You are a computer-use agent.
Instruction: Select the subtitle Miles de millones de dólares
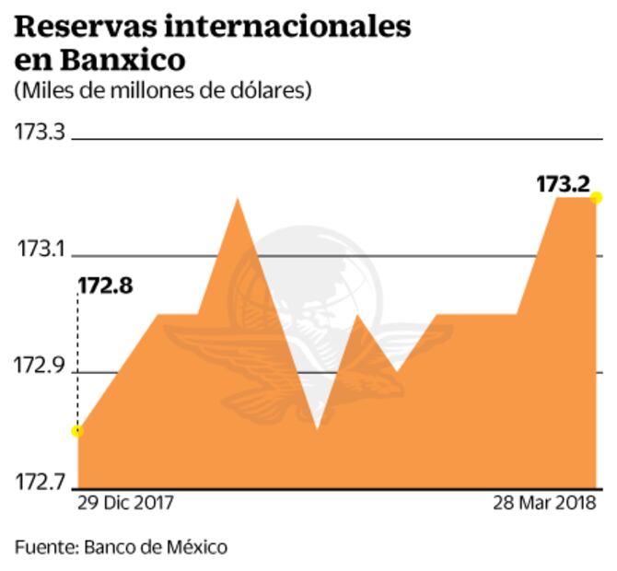[163, 91]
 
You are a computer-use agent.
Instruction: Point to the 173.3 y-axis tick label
[40, 132]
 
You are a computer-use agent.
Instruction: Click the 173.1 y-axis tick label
[40, 250]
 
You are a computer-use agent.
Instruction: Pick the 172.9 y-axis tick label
[40, 367]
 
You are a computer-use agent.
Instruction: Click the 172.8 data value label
[105, 285]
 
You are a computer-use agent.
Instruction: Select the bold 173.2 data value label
[562, 184]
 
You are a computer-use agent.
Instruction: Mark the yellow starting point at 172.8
[77, 431]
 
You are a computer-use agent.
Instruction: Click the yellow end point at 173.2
[596, 197]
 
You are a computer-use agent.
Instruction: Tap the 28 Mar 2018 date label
[544, 504]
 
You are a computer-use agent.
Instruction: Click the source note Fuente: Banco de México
[121, 547]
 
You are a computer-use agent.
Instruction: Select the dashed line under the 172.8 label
[77, 359]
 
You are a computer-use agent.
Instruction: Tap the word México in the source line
[196, 547]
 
